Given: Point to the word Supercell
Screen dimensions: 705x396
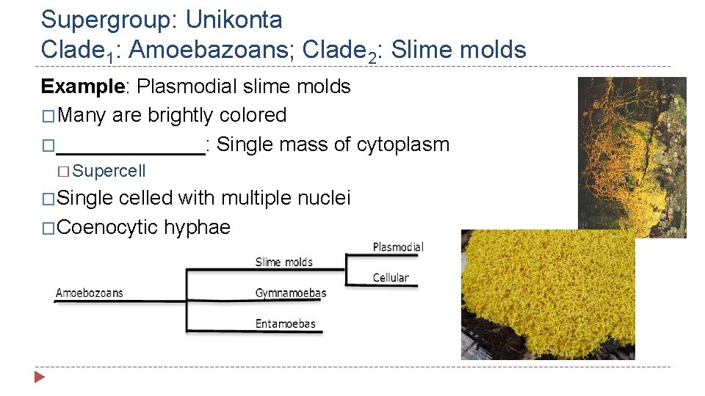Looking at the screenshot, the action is point(109,171).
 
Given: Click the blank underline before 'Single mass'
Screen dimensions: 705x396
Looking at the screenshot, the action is point(130,145).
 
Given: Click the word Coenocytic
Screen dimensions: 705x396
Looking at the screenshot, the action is point(106,227).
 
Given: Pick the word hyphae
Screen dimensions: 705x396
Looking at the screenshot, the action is point(197,227).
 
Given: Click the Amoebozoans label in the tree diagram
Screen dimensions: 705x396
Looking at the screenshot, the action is point(90,293).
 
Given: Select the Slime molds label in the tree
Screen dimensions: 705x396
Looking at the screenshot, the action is point(284,262).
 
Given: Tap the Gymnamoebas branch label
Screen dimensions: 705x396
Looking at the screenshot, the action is point(291,293).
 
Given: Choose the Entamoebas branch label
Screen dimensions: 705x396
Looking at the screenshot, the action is point(286,323).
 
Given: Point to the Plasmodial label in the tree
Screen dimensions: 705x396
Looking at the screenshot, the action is point(398,247).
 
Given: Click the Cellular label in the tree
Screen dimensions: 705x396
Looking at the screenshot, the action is point(391,277).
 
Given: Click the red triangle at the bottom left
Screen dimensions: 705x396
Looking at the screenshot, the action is point(40,378).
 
